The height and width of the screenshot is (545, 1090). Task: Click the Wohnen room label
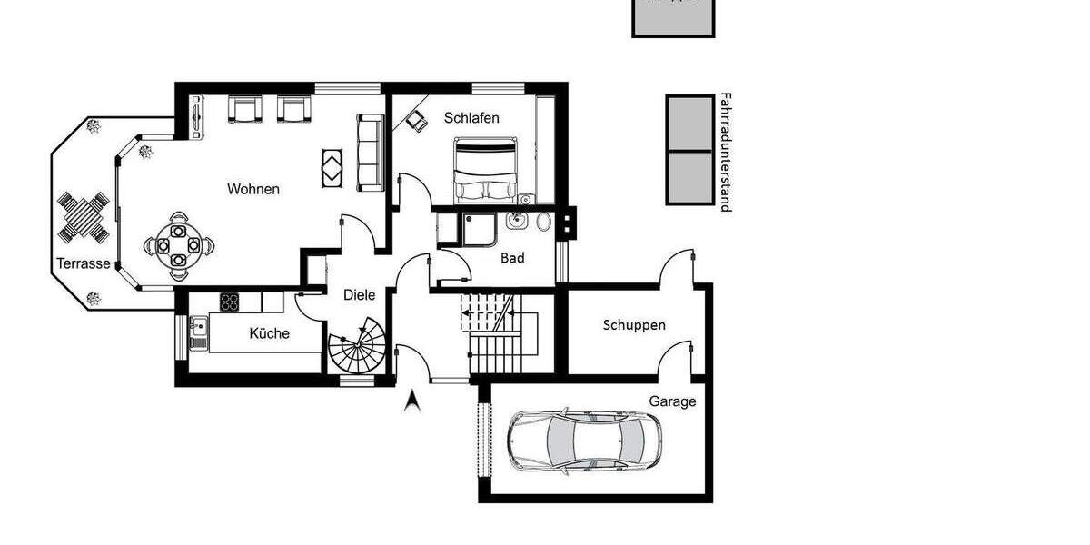pyautogui.click(x=253, y=190)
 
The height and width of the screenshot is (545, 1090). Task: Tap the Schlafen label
pyautogui.click(x=471, y=118)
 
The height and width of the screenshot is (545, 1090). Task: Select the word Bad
pyautogui.click(x=512, y=258)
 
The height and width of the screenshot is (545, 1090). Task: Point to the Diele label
pyautogui.click(x=359, y=294)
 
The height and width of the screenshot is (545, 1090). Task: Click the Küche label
pyautogui.click(x=269, y=333)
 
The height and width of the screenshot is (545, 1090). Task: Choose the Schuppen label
pyautogui.click(x=634, y=325)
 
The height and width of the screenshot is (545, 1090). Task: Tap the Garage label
pyautogui.click(x=672, y=401)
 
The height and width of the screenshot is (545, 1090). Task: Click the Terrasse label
pyautogui.click(x=84, y=264)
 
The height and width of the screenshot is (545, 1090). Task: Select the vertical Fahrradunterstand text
pyautogui.click(x=725, y=152)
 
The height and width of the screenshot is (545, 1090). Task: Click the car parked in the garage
pyautogui.click(x=584, y=441)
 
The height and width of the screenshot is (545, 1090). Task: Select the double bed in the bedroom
pyautogui.click(x=486, y=170)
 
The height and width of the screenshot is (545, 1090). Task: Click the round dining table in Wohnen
pyautogui.click(x=177, y=244)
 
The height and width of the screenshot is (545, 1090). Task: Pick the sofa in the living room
pyautogui.click(x=371, y=153)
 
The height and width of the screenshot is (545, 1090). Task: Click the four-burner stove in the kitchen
pyautogui.click(x=228, y=302)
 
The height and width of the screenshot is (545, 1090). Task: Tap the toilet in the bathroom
pyautogui.click(x=543, y=222)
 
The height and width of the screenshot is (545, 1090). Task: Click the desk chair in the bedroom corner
pyautogui.click(x=416, y=120)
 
